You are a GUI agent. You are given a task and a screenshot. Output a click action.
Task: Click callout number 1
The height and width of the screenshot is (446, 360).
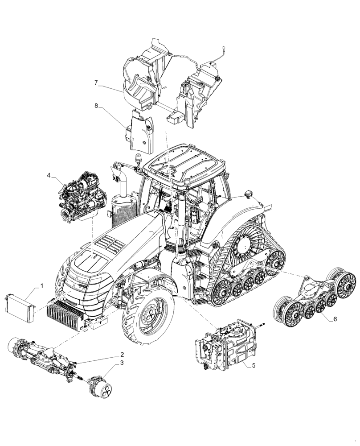click(x=42, y=285)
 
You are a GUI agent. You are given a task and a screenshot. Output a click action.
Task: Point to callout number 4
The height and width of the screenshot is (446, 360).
click(x=49, y=176)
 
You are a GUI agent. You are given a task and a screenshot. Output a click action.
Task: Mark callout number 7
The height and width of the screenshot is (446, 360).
click(x=96, y=83)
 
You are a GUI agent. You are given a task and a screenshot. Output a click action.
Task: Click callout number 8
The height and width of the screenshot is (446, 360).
click(x=96, y=106)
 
